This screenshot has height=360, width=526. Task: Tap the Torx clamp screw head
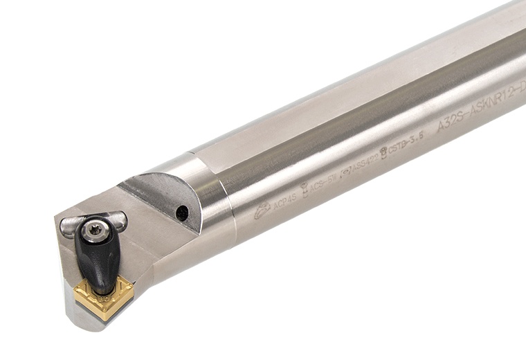(96, 231)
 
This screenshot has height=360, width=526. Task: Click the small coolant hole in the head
(182, 213)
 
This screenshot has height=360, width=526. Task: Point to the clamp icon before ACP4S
(262, 210)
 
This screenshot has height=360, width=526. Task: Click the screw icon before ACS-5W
(304, 188)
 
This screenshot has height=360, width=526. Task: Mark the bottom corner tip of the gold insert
(105, 318)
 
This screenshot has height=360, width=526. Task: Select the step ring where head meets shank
(221, 201)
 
